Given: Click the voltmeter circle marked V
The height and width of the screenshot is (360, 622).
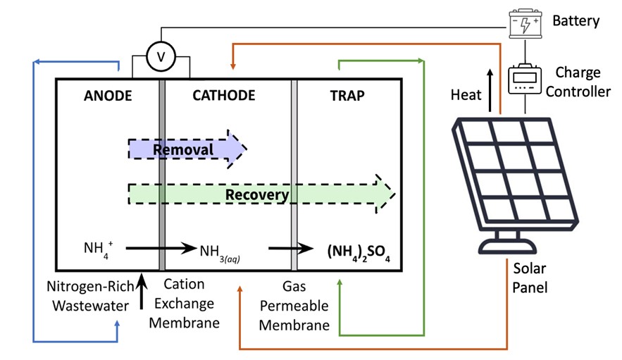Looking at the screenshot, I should [160, 58].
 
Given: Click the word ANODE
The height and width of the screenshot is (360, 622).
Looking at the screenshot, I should [107, 95].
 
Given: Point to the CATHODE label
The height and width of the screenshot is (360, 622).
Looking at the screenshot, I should [223, 95].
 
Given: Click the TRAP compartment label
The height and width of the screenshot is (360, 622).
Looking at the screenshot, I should [347, 95].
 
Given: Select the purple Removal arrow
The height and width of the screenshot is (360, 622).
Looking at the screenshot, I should [187, 149].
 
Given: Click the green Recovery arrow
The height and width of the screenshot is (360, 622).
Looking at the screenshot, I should [261, 194].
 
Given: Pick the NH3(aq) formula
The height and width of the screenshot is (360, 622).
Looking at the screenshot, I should [220, 252].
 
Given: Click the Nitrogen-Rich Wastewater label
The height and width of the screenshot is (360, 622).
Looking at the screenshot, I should [86, 296].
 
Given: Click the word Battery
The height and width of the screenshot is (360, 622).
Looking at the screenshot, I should [576, 21].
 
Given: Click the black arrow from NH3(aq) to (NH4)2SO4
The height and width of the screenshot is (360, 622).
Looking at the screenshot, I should [290, 248].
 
